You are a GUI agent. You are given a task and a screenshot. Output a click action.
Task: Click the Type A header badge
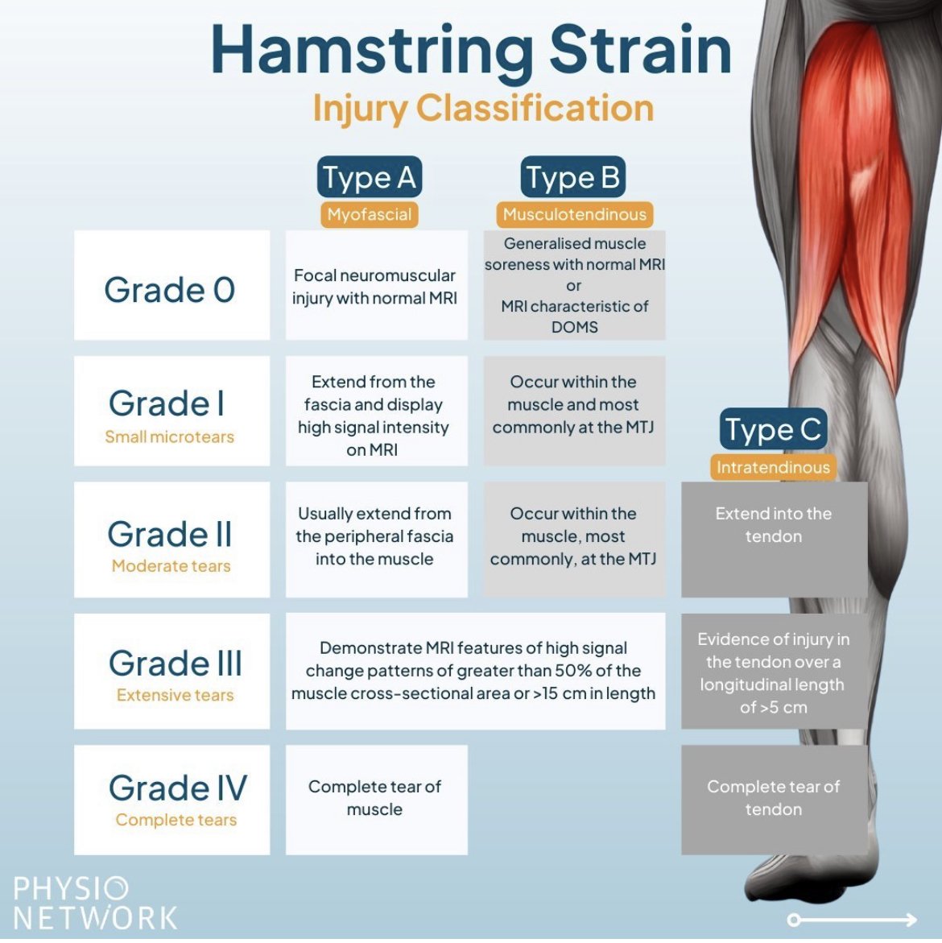[x=370, y=177]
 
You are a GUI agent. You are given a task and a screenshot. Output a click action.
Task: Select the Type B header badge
[x=573, y=177]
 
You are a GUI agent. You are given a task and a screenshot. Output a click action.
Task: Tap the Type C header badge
[x=773, y=428]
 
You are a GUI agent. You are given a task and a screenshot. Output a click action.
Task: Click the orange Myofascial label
[x=369, y=215]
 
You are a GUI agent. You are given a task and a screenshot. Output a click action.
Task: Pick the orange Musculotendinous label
[x=575, y=215]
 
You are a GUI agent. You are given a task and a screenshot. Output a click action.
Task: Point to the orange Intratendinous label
[x=773, y=467]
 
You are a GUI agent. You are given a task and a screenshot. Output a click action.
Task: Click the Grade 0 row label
[x=170, y=290]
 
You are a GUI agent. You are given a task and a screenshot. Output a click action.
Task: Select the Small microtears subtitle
[x=170, y=436]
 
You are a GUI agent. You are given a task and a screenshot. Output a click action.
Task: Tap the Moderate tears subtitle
[x=171, y=566]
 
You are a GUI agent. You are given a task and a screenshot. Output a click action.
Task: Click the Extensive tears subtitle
[x=175, y=695]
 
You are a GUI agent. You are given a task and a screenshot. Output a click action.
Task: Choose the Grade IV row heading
[x=178, y=788]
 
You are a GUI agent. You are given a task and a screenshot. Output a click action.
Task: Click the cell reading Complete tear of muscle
[x=376, y=800]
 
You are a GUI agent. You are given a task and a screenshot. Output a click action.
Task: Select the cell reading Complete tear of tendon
[x=775, y=800]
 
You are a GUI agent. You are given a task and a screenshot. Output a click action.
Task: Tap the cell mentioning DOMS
[x=575, y=285]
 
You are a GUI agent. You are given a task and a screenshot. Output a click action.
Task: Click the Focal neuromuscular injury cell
[x=376, y=285]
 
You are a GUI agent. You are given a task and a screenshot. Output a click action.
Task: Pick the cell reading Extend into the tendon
[x=775, y=539]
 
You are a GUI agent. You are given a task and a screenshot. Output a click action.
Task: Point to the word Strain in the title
[x=640, y=51]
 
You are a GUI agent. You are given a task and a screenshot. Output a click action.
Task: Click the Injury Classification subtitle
[x=483, y=108]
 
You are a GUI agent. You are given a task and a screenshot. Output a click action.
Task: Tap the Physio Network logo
[x=95, y=904]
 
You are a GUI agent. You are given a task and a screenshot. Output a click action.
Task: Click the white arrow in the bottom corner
[x=853, y=920]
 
